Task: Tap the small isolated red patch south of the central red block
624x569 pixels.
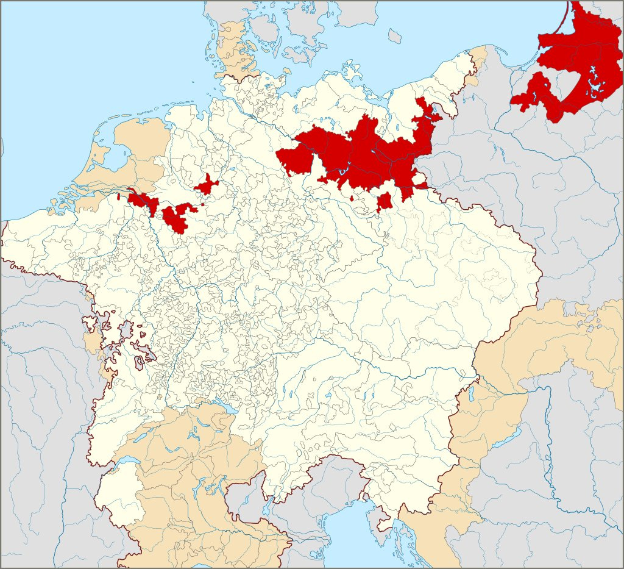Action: click(385, 202)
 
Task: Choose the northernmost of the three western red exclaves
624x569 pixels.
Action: click(207, 184)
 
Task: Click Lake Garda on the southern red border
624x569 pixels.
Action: click(266, 507)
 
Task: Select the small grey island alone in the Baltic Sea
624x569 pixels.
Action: click(394, 37)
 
